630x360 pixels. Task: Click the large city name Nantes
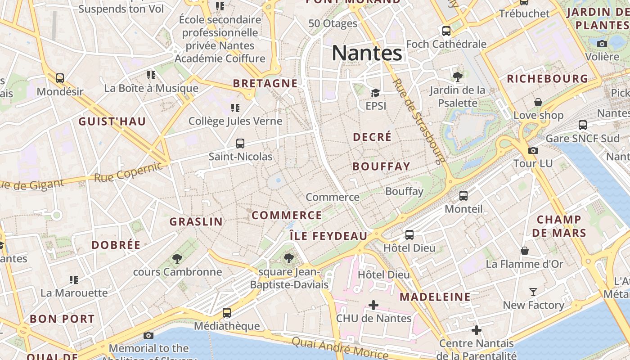[367, 53]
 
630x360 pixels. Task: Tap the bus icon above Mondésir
[60, 78]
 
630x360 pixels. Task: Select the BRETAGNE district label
[265, 83]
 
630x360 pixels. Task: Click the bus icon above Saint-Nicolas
[240, 144]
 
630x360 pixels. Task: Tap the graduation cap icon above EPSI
[375, 93]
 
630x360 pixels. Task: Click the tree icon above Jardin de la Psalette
[458, 77]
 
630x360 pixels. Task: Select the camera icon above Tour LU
[533, 150]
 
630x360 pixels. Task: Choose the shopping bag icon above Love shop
[538, 102]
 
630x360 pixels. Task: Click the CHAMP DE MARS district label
[559, 226]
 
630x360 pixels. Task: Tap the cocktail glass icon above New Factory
[533, 292]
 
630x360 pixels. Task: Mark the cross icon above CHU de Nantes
[373, 305]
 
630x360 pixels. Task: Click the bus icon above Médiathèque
[227, 313]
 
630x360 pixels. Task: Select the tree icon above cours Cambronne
[177, 259]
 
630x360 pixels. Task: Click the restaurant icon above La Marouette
[74, 280]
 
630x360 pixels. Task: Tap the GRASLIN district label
[196, 221]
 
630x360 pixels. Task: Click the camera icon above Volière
[602, 44]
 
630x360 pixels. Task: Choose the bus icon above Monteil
[463, 196]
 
